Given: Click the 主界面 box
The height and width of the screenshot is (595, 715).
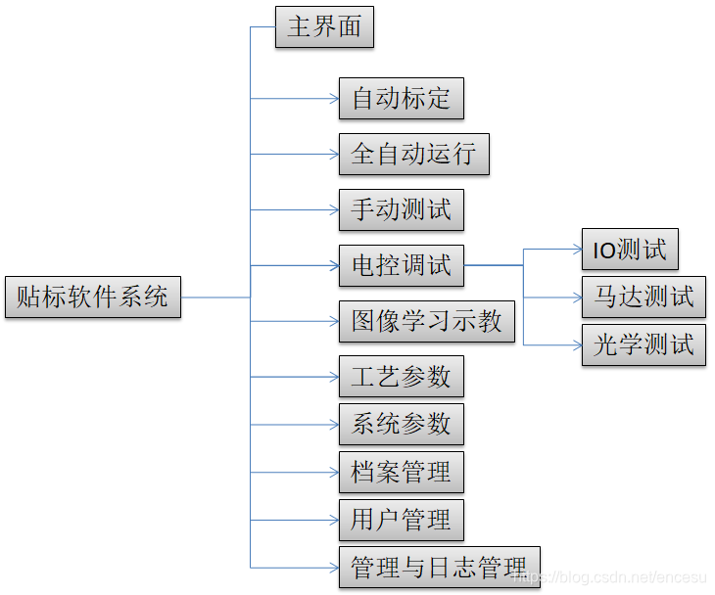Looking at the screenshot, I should [x=324, y=26].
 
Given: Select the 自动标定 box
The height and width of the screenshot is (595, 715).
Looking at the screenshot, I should [x=401, y=98].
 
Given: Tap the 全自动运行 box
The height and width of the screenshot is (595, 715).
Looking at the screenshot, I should [x=413, y=154].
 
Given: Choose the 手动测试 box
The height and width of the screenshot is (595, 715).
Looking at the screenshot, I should [x=401, y=209].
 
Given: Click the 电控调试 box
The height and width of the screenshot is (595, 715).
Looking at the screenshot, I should [x=401, y=265].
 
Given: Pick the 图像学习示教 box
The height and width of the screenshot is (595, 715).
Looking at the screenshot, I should [x=426, y=321].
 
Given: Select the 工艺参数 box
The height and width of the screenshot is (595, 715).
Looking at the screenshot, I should [x=401, y=376].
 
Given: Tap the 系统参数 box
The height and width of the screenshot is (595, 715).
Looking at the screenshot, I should [x=401, y=424].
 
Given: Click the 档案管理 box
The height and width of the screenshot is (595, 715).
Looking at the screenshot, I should [x=401, y=472].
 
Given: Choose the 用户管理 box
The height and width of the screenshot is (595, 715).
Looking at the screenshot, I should [x=401, y=520].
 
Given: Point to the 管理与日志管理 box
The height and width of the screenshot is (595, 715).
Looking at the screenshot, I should [x=439, y=567].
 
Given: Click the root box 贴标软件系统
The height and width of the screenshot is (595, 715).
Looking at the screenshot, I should [x=92, y=297].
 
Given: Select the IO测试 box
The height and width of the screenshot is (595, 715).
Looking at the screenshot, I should [x=629, y=250].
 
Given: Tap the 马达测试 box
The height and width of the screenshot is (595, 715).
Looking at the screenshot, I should [x=643, y=297].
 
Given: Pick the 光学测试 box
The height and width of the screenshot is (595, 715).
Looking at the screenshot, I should [x=643, y=344].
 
